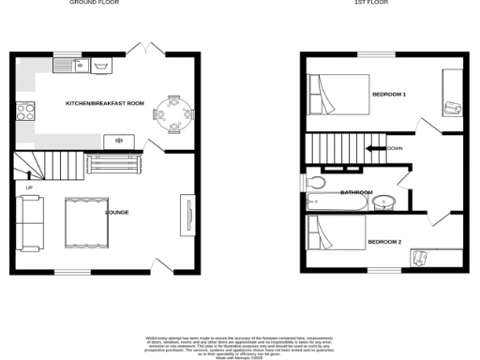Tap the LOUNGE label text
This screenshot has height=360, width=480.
(x=116, y=214)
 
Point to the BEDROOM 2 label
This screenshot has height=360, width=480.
(x=384, y=242)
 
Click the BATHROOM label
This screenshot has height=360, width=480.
(x=356, y=192)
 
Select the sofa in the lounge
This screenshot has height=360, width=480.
(x=29, y=222)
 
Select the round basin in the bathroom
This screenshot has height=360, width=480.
(x=382, y=202)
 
